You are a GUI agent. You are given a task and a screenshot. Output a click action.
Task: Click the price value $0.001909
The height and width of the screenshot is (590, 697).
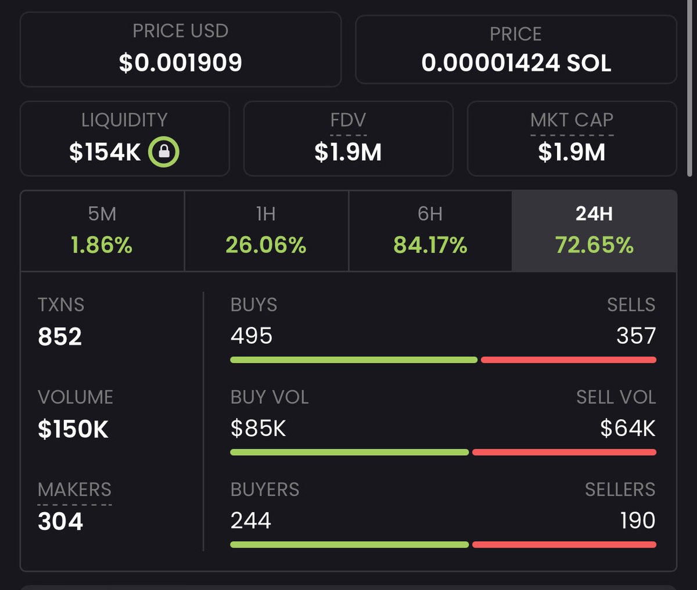[180, 63]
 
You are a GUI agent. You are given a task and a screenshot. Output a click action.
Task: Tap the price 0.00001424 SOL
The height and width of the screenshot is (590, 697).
[516, 63]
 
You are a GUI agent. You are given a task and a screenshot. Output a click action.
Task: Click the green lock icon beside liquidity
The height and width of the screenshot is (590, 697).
[164, 152]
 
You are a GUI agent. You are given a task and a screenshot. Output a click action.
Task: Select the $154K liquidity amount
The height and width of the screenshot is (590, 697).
[105, 152]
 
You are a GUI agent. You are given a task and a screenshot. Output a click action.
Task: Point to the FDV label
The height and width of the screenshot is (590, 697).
[348, 120]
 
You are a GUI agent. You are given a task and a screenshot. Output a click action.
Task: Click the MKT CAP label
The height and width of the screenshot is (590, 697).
[572, 120]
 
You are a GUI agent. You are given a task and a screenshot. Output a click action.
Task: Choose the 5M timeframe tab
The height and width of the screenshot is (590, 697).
[102, 214]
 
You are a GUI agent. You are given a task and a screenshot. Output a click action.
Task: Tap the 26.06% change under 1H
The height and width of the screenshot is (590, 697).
[266, 245]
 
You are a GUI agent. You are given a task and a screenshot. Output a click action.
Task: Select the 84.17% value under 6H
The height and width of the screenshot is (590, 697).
[430, 245]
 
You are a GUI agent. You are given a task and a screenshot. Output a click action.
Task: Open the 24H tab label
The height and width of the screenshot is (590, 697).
[594, 214]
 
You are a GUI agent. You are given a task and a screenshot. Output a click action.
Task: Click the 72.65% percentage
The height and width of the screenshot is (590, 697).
[594, 245]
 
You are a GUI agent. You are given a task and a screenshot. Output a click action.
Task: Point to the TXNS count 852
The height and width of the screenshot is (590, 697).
[60, 337]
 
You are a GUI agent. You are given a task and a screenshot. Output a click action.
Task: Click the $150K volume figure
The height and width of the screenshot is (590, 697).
[73, 429]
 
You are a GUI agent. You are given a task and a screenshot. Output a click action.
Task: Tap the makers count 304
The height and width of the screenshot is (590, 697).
[60, 521]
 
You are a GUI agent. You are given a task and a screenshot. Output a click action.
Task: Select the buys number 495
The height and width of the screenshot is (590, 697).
[252, 336]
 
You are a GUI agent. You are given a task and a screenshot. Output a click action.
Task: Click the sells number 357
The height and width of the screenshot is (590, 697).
[636, 336]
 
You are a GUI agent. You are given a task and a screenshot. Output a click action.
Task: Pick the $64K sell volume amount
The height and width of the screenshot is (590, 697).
[628, 429]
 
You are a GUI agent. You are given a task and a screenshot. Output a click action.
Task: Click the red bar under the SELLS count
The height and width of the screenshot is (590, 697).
[569, 360]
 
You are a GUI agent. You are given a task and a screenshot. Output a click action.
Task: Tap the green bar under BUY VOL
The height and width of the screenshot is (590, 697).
[349, 452]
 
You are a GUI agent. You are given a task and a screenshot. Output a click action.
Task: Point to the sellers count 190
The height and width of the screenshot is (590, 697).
[638, 520]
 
